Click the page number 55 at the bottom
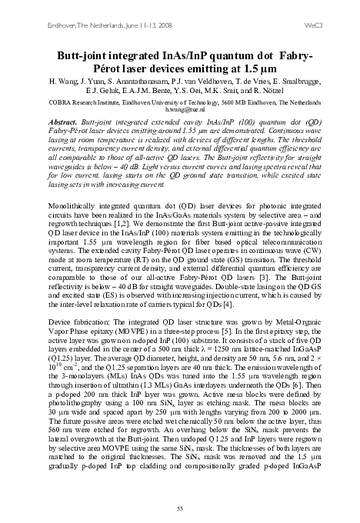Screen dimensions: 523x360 click(179, 508)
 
